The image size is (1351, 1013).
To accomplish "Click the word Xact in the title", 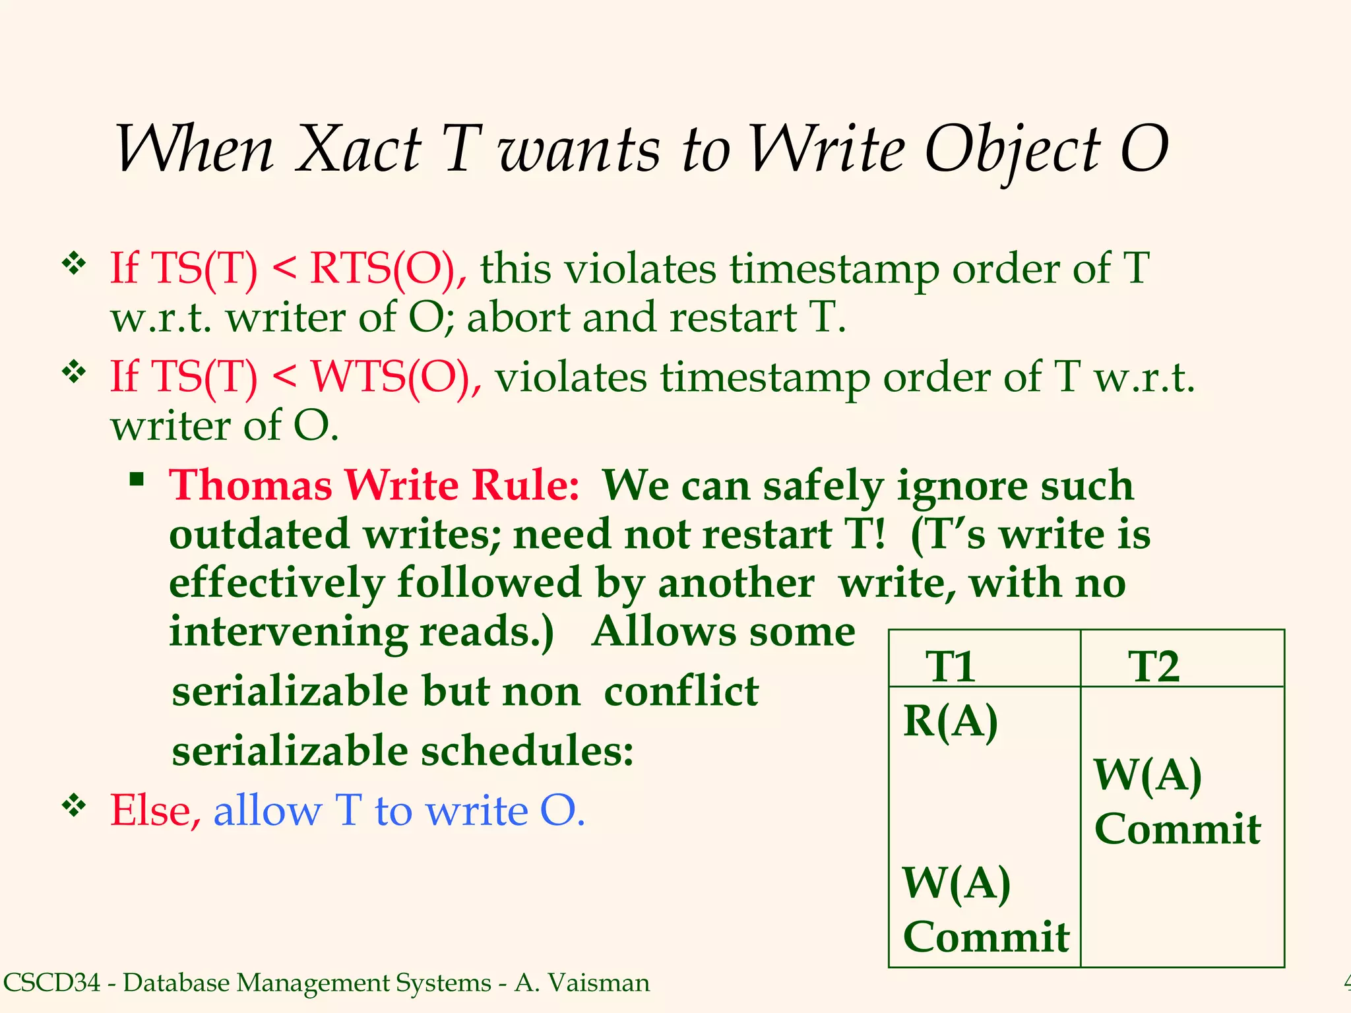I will pyautogui.click(x=358, y=149).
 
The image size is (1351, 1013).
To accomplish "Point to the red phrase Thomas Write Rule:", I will pyautogui.click(x=374, y=485).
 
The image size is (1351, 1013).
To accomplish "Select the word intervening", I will pyautogui.click(x=289, y=632).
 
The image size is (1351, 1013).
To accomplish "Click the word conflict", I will pyautogui.click(x=681, y=691).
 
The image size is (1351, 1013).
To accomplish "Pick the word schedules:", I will pyautogui.click(x=527, y=751).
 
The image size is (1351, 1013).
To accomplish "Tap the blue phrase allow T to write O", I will pyautogui.click(x=398, y=810).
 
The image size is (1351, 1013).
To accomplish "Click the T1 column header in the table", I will pyautogui.click(x=950, y=666).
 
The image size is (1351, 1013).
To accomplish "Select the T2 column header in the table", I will pyautogui.click(x=1153, y=666).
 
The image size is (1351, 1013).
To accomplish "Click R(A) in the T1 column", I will pyautogui.click(x=950, y=721).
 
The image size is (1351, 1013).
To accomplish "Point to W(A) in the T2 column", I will pyautogui.click(x=1148, y=776).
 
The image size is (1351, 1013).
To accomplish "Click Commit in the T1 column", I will pyautogui.click(x=986, y=936).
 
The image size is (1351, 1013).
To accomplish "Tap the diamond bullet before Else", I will pyautogui.click(x=75, y=805).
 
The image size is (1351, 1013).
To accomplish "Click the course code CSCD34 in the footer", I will pyautogui.click(x=51, y=983).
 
